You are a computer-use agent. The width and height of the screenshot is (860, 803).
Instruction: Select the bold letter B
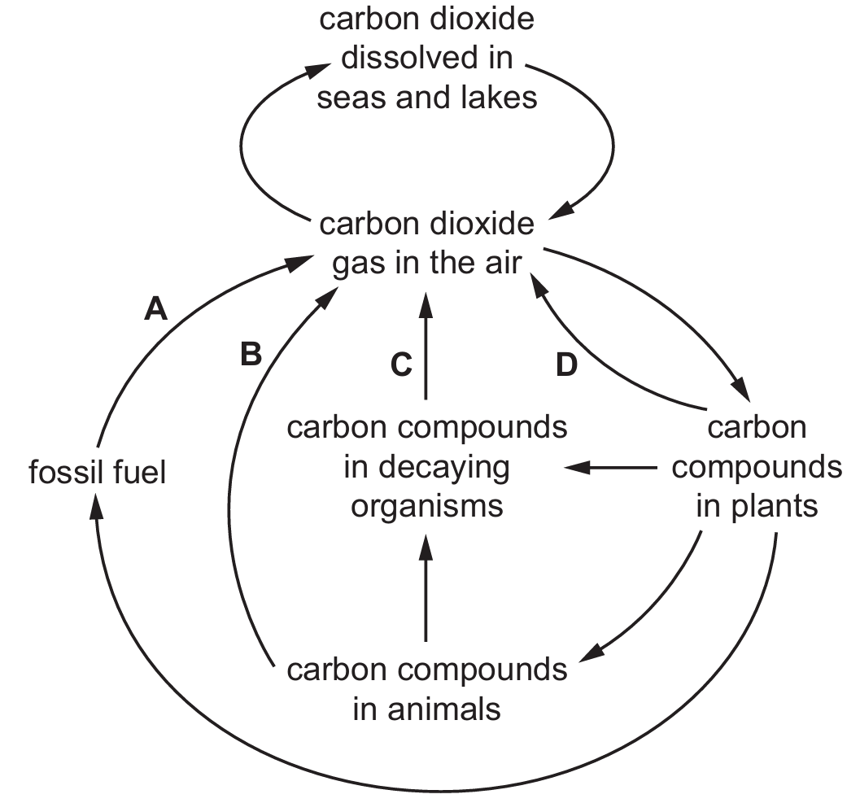click(x=251, y=355)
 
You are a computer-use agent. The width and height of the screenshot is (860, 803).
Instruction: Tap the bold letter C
click(x=402, y=366)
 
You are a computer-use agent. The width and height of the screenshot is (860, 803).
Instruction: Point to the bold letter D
click(x=566, y=366)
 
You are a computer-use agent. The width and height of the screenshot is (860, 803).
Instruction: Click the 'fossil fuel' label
click(x=98, y=472)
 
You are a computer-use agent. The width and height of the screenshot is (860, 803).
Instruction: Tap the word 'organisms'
click(x=427, y=506)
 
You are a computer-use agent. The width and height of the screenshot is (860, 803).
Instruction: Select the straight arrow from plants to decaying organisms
click(x=610, y=468)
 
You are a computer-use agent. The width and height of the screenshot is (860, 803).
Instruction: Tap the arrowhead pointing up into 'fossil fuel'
click(x=96, y=504)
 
